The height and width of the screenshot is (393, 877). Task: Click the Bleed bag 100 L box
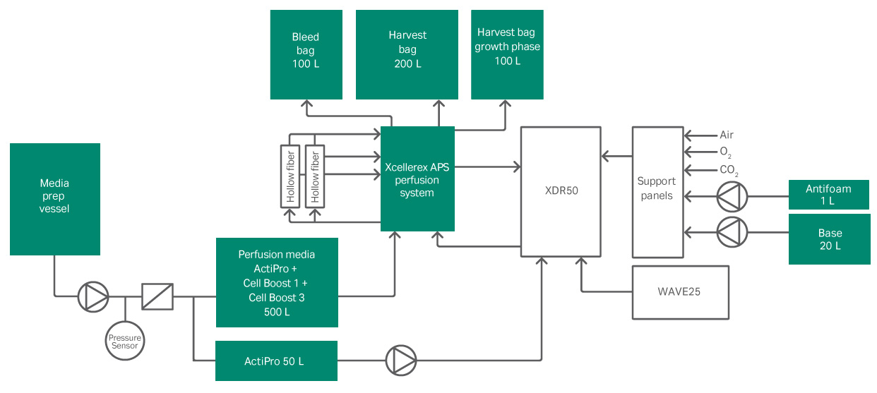[306, 54]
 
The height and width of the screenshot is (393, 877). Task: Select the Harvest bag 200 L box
[407, 54]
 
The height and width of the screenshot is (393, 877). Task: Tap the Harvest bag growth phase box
[507, 54]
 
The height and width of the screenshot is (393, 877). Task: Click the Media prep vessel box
[55, 199]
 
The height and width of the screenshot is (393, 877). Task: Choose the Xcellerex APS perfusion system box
[417, 179]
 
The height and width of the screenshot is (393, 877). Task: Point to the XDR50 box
[561, 191]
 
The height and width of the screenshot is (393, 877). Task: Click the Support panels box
[657, 192]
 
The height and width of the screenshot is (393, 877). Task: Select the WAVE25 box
[680, 291]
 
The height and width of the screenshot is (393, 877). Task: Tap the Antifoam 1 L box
[828, 195]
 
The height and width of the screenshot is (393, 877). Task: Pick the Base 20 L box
[828, 239]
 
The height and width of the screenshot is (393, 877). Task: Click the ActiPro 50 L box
[276, 361]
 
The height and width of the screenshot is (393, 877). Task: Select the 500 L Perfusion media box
[276, 282]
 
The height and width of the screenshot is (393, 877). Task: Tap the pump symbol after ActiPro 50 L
[401, 361]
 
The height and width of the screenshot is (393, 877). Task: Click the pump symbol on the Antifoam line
[732, 197]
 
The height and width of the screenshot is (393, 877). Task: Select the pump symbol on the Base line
[732, 231]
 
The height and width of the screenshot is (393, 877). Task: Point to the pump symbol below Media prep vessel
[93, 296]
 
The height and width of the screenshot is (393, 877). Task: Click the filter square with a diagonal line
[157, 296]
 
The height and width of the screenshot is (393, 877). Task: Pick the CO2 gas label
[729, 171]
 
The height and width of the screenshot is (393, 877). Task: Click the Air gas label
[727, 135]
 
